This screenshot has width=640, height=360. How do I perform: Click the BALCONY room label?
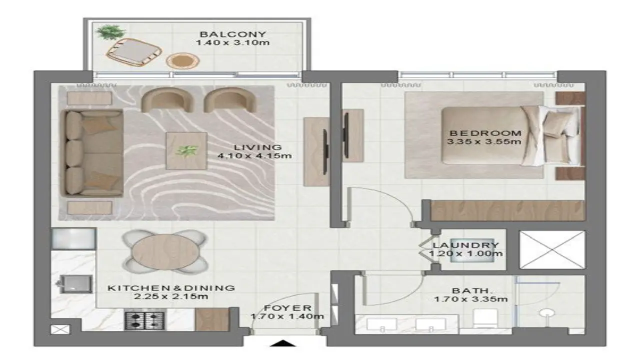pyautogui.click(x=233, y=34)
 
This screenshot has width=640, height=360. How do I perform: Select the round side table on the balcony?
pyautogui.click(x=182, y=61)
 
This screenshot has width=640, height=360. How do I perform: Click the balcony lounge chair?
pyautogui.click(x=133, y=52)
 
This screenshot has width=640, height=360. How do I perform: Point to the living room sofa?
pyautogui.click(x=92, y=153)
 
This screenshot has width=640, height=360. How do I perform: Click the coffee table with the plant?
pyautogui.click(x=186, y=150)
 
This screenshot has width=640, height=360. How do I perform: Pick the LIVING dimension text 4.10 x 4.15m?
pyautogui.click(x=254, y=156)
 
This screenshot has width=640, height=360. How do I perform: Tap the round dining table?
pyautogui.click(x=164, y=251)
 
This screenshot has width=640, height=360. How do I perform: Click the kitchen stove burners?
pyautogui.click(x=145, y=320)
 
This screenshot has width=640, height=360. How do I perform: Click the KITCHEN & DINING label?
pyautogui.click(x=171, y=288)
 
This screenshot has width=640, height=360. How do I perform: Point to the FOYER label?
pyautogui.click(x=287, y=308)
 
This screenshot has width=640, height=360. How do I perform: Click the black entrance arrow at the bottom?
pyautogui.click(x=282, y=343)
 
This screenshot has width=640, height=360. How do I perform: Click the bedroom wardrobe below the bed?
pyautogui.click(x=507, y=210)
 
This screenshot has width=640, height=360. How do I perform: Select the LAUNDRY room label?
pyautogui.click(x=466, y=245)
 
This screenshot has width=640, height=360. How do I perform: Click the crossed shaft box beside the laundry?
pyautogui.click(x=552, y=249)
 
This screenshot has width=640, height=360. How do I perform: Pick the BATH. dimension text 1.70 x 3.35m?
pyautogui.click(x=471, y=299)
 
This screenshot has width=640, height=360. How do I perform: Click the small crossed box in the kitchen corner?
pyautogui.click(x=60, y=329)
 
